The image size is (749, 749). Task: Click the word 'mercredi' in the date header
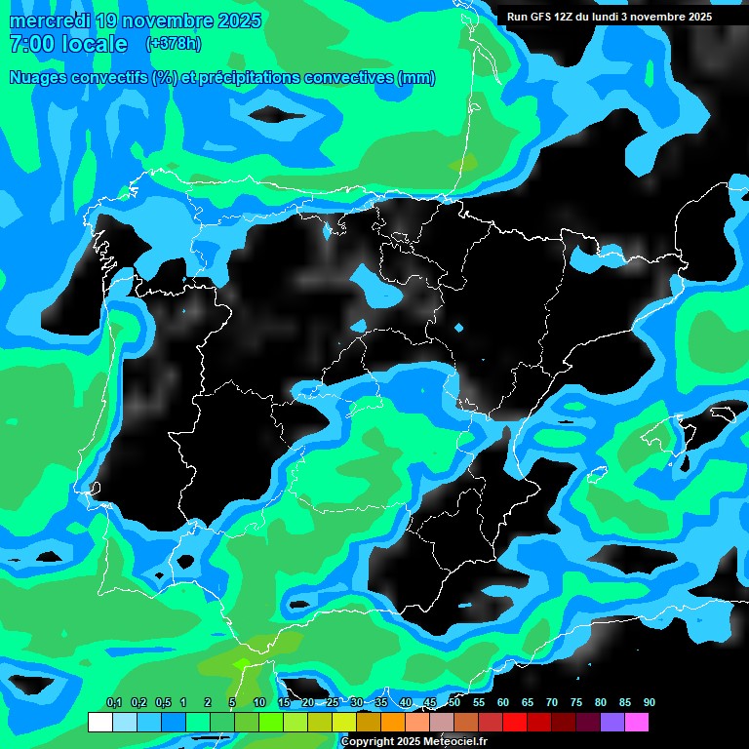pos(48,21)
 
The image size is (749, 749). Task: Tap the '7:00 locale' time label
pos(67,44)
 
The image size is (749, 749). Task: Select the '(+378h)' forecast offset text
pos(173,43)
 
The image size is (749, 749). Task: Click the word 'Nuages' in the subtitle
pos(40,78)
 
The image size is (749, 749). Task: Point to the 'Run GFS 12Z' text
pos(541,17)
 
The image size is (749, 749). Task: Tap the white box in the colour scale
pos(99,723)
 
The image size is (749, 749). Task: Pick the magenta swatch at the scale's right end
pos(636,723)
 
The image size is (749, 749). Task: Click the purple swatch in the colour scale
pos(611,723)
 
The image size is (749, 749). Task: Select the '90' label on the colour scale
pos(649,702)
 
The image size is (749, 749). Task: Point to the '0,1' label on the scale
pos(114,702)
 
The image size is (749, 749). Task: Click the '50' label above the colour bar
pos(454,702)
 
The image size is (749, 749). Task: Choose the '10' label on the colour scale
pos(258,702)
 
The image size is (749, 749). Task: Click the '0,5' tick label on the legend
pos(163,702)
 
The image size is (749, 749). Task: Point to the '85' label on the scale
pos(625,702)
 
